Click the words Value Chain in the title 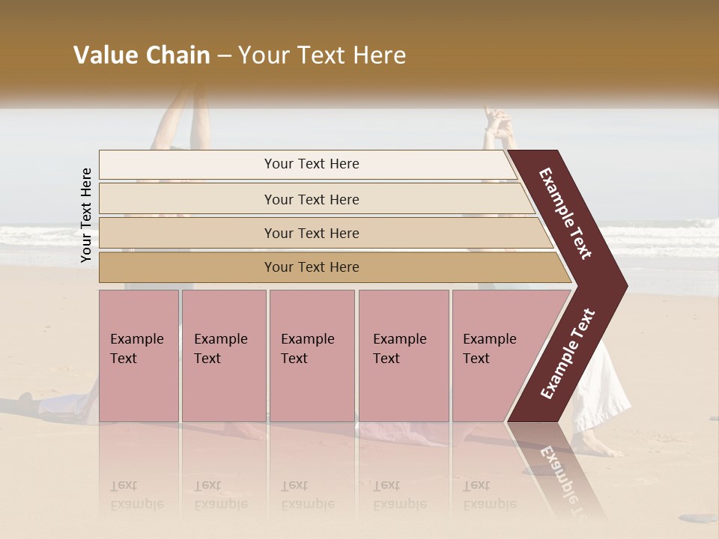coord(142,55)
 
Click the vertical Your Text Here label coord(86,216)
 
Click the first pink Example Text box coord(139,356)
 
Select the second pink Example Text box coord(223,356)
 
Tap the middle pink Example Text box coord(312,356)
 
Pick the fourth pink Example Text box coord(404,356)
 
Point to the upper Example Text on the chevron coord(565,213)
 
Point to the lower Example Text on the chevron coord(568,353)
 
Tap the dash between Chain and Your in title coord(224,55)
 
